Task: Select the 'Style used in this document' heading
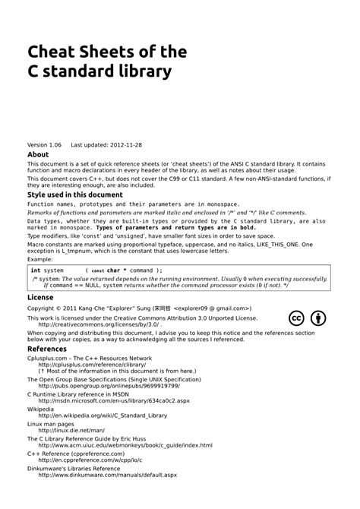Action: click(x=74, y=194)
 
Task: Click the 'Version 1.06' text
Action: click(x=44, y=144)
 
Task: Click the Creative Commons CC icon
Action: click(x=298, y=318)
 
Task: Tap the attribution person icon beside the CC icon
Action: click(x=320, y=318)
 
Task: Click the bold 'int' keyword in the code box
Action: click(x=36, y=270)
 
